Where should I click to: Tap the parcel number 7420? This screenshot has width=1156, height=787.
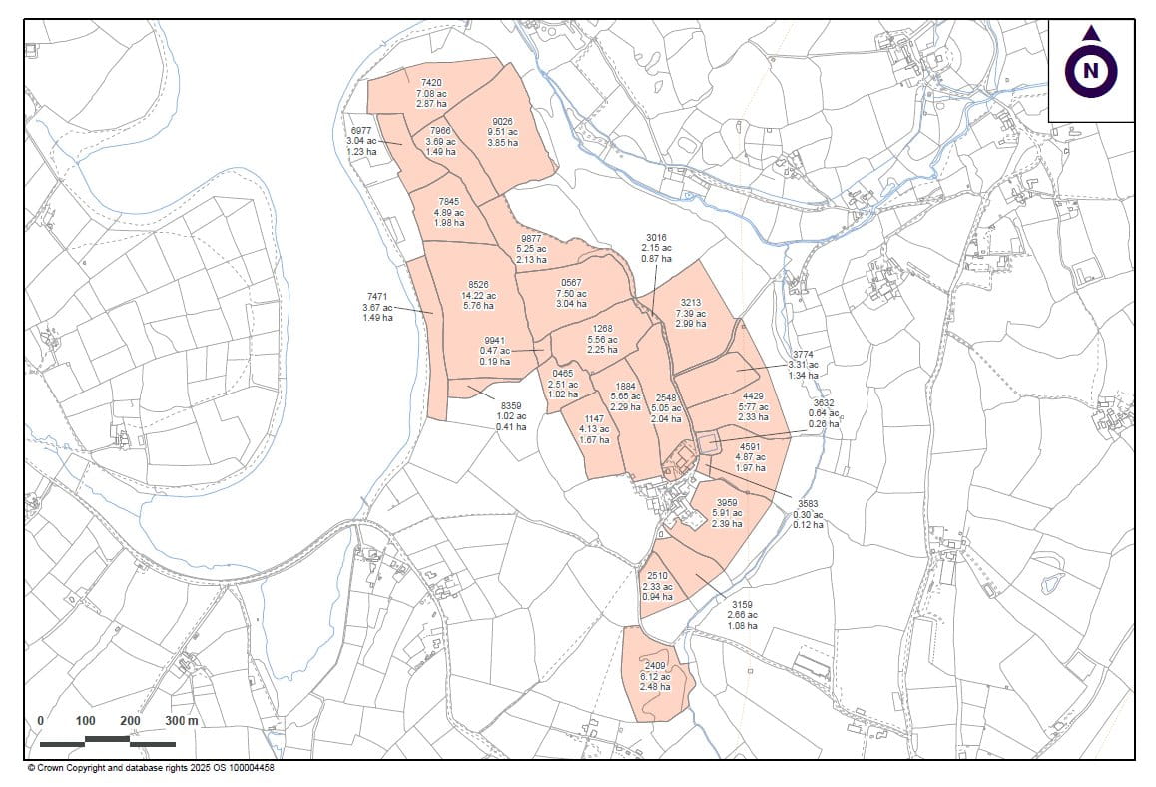click(431, 82)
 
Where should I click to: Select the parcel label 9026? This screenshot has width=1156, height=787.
click(502, 121)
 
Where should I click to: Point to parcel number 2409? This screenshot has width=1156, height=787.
click(655, 665)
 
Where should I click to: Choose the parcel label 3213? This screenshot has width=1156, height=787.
click(691, 302)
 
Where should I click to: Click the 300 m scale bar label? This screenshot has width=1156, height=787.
click(182, 720)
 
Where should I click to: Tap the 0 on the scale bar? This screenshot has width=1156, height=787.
click(40, 720)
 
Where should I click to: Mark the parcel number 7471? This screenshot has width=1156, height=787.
click(377, 297)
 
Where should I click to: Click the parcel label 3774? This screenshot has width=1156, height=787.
click(804, 355)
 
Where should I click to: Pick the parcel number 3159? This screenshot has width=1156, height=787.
click(742, 604)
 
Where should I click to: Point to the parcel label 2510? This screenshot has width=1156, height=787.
click(657, 576)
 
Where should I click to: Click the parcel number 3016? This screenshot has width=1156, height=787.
click(656, 237)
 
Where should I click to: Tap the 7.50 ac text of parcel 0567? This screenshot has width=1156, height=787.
click(572, 293)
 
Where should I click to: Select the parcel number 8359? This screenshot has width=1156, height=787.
click(511, 405)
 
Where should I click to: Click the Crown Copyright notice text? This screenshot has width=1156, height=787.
click(150, 768)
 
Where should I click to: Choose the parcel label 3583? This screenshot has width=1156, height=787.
click(808, 504)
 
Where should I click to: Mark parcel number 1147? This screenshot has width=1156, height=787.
click(595, 418)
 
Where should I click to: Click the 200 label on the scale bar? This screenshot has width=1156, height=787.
click(130, 720)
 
